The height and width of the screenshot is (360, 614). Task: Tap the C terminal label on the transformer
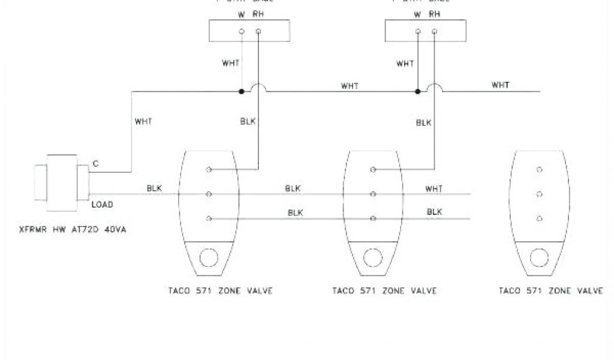tap(95, 163)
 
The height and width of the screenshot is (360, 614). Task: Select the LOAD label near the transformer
tap(103, 204)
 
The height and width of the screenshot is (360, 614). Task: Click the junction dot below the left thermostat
tap(241, 92)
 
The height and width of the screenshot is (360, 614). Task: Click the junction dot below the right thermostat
tap(417, 92)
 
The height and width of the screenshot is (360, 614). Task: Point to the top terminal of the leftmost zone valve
tap(209, 170)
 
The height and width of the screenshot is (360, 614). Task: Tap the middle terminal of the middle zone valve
tap(373, 194)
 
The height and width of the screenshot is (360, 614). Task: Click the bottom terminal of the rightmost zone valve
tap(539, 218)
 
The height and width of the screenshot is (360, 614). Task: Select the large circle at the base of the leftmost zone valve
tap(209, 259)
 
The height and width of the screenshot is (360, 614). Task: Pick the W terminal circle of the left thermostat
tap(241, 31)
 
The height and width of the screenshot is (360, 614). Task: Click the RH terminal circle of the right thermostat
tap(434, 31)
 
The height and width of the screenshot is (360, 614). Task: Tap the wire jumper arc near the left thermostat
tap(258, 88)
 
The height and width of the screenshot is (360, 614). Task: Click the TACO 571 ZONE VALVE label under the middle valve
tap(384, 291)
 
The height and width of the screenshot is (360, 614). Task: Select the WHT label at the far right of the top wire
tap(500, 85)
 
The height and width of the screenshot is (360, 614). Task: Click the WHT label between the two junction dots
tap(350, 85)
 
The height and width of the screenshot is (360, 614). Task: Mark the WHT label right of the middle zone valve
tap(434, 188)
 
